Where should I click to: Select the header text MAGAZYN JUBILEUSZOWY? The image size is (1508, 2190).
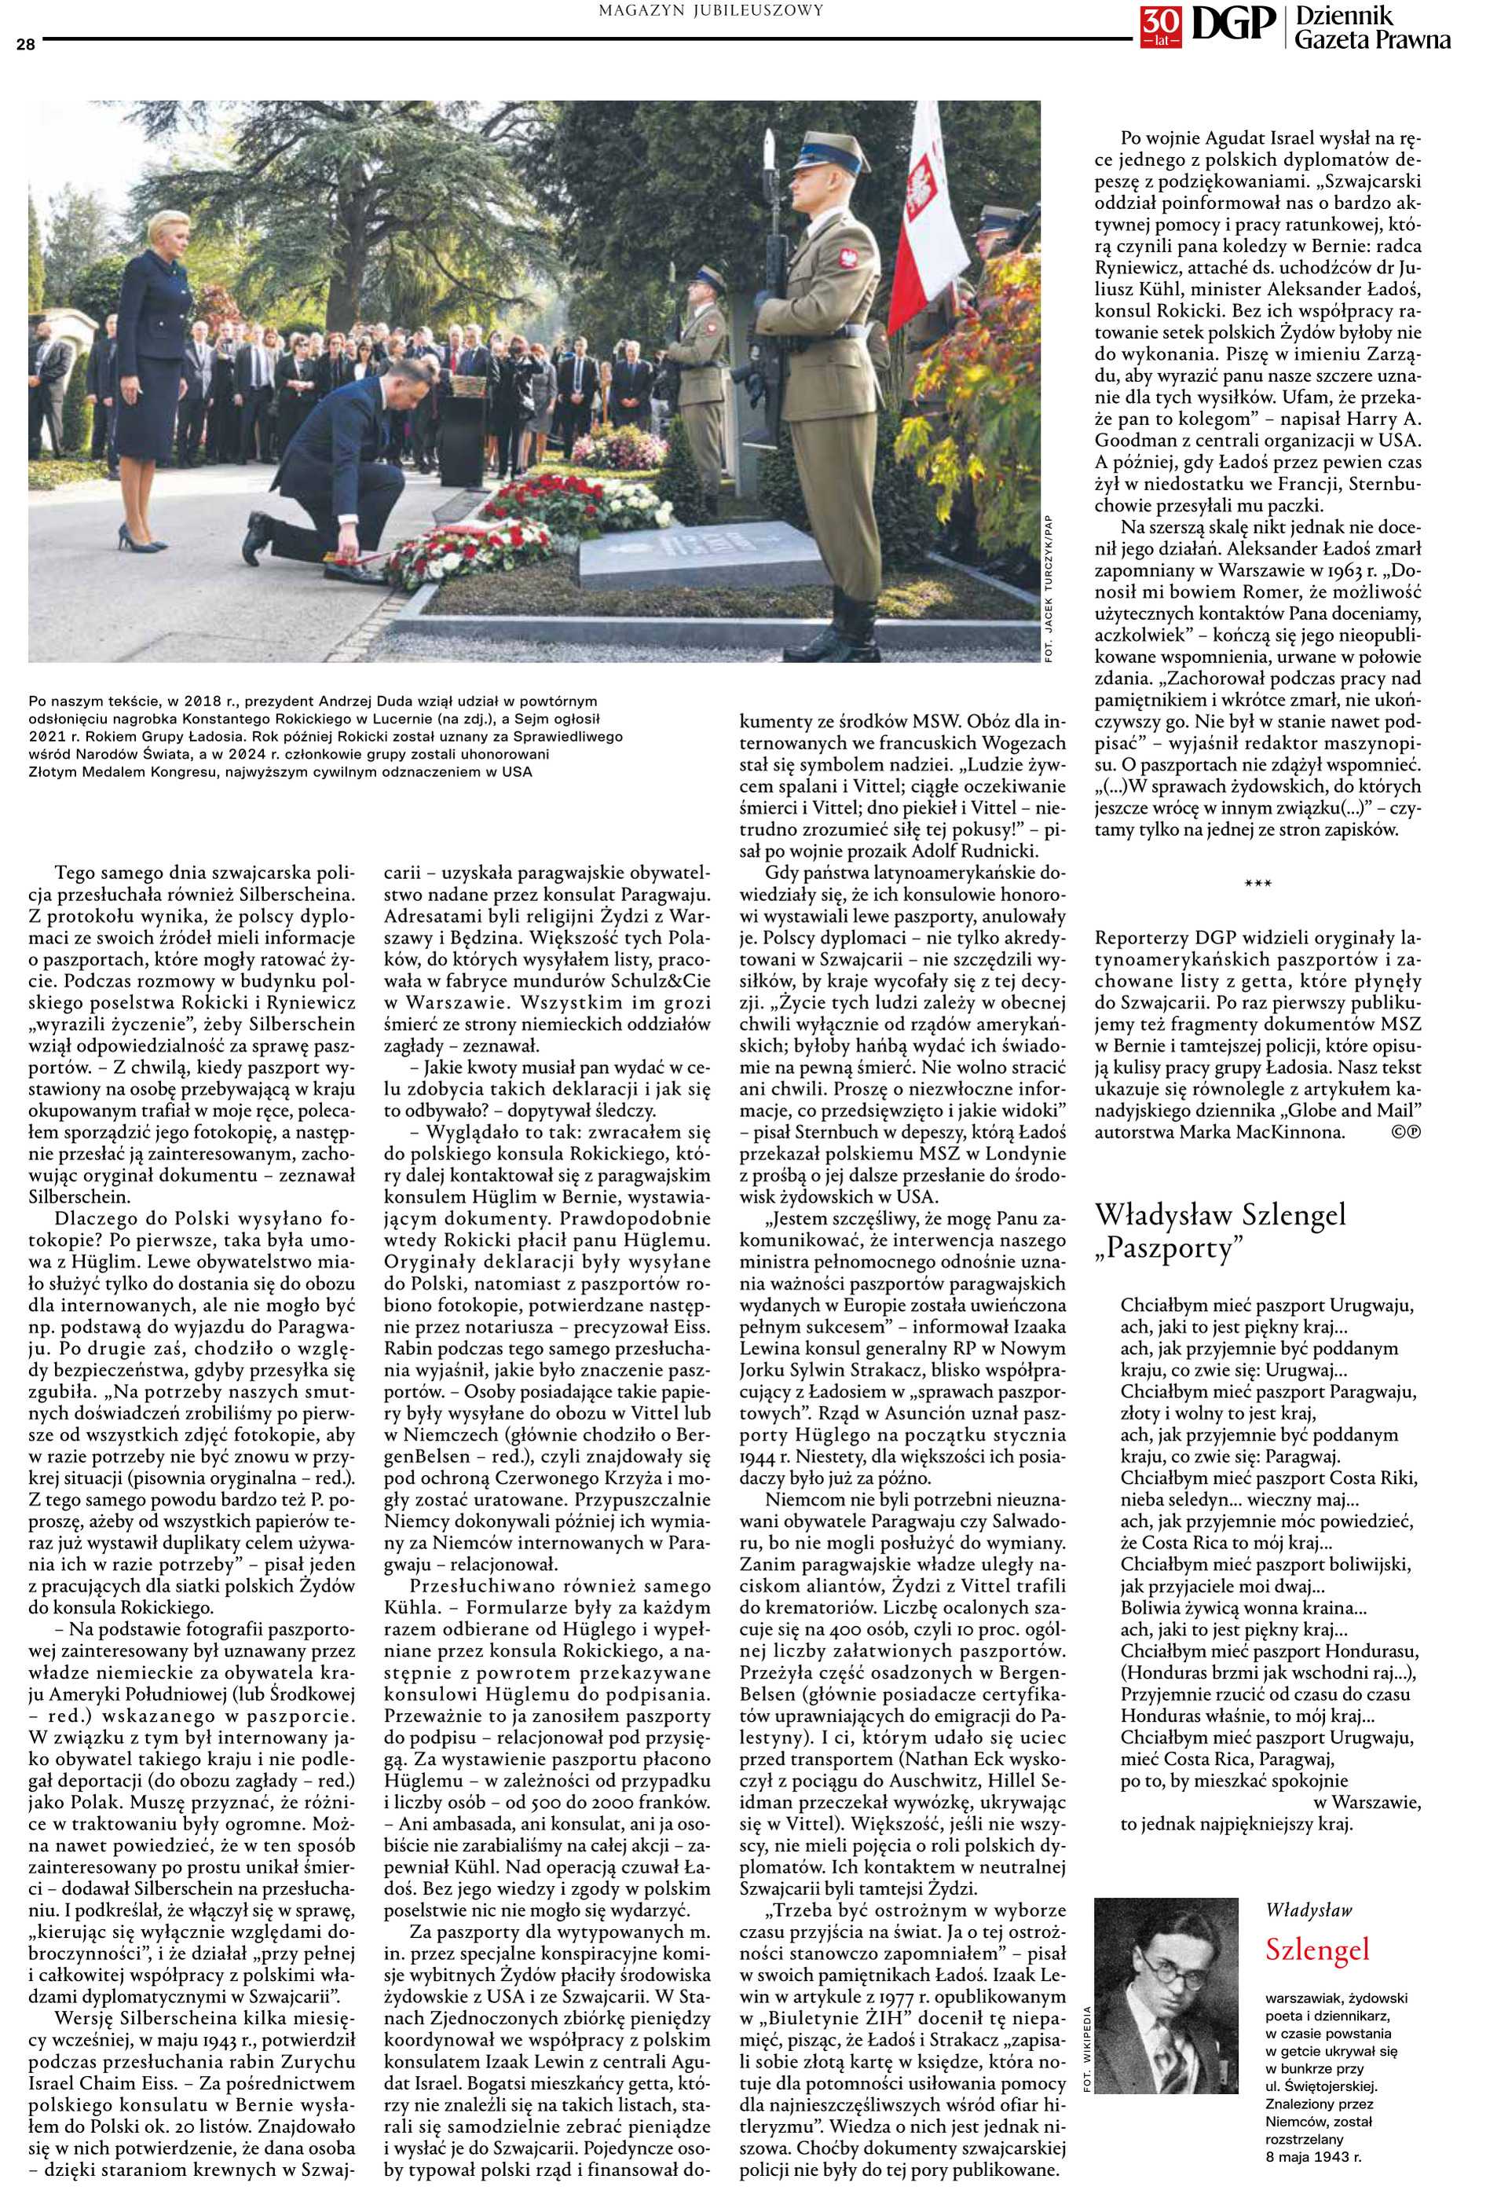click(x=711, y=10)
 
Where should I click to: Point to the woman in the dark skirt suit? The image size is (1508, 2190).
click(x=161, y=378)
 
